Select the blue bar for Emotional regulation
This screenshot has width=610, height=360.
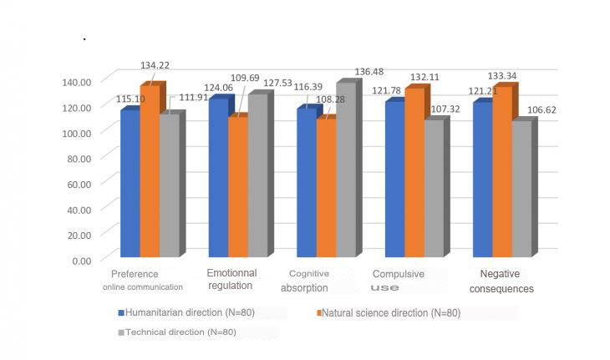pos(218,179)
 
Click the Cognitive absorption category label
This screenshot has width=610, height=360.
pos(309,280)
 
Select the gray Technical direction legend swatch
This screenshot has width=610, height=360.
pos(121,332)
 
